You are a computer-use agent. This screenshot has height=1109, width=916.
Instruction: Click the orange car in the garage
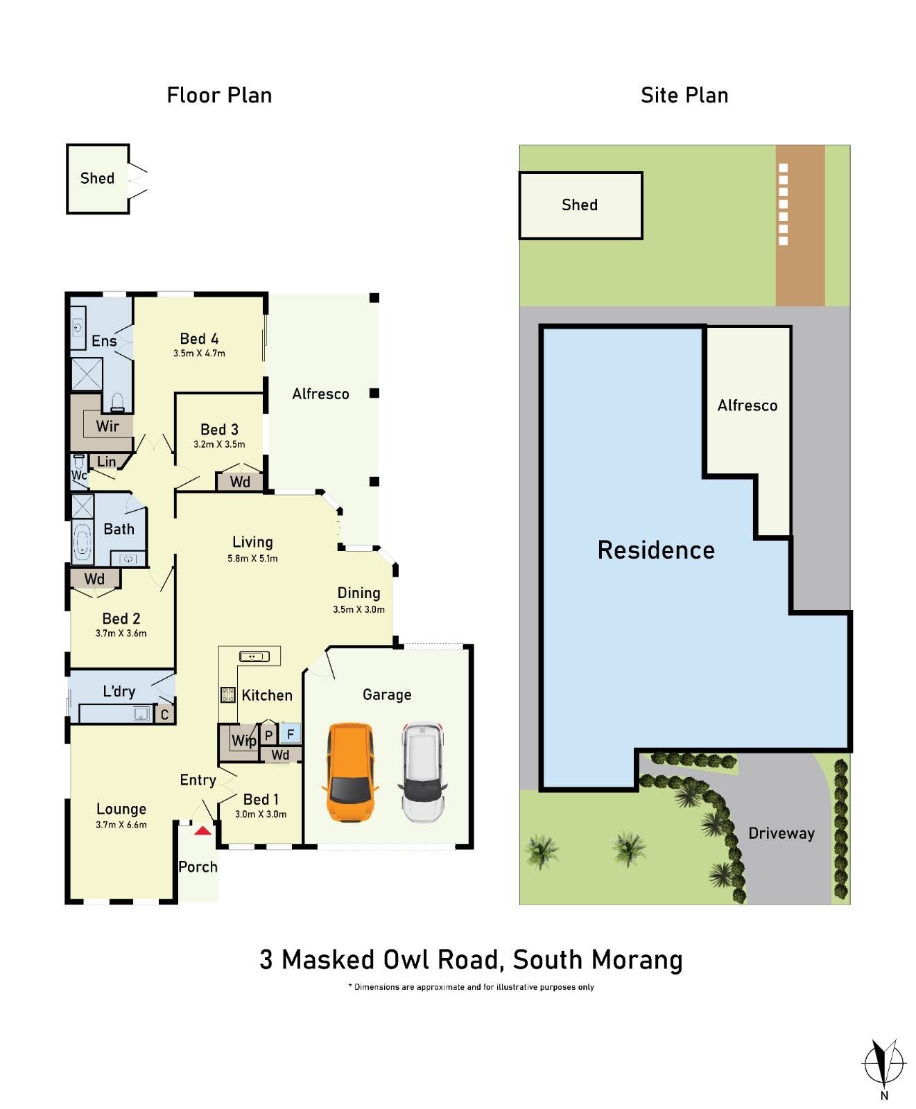point(350,772)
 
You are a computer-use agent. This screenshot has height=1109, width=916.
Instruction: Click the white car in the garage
point(422,772)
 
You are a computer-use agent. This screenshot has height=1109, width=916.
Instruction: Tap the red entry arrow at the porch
point(202,830)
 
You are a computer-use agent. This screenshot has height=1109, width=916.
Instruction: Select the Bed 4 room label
point(199,339)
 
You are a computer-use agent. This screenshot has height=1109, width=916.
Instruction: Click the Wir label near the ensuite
point(107,426)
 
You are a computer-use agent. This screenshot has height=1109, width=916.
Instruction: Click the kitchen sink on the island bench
point(254,656)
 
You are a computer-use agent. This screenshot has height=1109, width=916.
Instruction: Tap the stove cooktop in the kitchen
point(227,695)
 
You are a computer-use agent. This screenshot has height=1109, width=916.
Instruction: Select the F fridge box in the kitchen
point(291,733)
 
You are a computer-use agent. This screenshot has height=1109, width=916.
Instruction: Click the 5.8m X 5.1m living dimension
point(252,559)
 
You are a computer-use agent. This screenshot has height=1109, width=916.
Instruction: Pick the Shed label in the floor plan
point(97,178)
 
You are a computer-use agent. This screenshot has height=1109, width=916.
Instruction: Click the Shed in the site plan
point(580,205)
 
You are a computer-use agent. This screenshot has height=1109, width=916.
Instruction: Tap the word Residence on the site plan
point(656,550)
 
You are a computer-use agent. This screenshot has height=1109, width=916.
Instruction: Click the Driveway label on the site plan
point(781,833)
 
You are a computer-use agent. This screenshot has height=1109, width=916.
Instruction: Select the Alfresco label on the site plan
point(748,405)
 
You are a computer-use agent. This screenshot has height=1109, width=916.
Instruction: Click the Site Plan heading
point(684,95)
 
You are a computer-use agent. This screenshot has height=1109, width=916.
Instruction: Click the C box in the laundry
point(164,715)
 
